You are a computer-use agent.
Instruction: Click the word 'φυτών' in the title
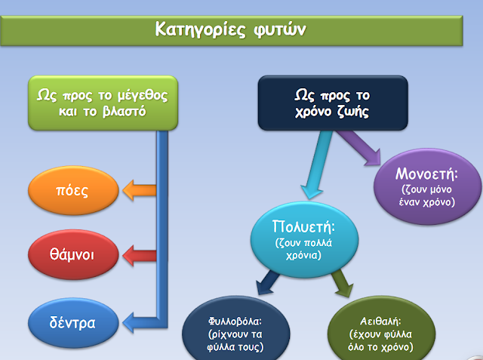(x=285, y=29)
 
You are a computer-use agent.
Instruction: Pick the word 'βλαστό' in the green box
(x=125, y=113)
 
